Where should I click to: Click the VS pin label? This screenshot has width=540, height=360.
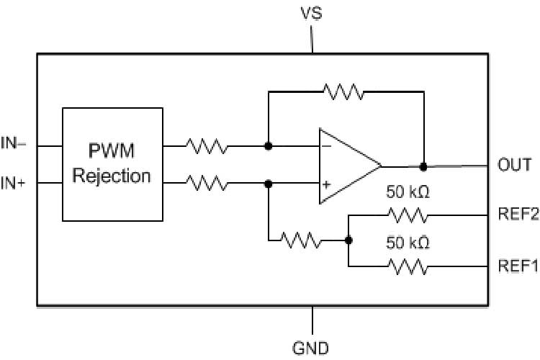312,14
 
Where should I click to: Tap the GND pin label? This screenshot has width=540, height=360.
311,348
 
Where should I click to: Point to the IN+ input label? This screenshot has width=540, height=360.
14,184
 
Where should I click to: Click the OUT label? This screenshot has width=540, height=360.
514,165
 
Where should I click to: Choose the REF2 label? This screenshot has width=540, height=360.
518,215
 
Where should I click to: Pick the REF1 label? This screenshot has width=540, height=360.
518,266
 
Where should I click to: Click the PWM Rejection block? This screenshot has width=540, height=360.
112,164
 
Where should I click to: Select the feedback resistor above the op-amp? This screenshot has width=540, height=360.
343,91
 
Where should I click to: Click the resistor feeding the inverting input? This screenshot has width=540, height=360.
207,146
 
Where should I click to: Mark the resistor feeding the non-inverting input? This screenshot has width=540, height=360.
207,184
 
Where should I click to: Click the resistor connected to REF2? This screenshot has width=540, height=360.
408,215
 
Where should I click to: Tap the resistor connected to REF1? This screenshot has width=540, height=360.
408,267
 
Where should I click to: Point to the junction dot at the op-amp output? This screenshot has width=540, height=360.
423,166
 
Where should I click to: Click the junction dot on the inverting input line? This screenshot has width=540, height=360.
269,146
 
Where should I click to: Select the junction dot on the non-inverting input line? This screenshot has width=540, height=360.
269,184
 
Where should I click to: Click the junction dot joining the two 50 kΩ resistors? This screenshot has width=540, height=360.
348,241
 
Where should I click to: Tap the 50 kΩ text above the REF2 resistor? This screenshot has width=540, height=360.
408,194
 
